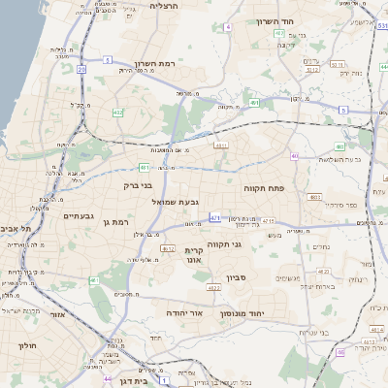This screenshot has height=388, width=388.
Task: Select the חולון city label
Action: [26, 344]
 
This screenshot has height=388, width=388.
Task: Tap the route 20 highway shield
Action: [81, 70]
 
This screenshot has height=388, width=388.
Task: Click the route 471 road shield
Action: [215, 218]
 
